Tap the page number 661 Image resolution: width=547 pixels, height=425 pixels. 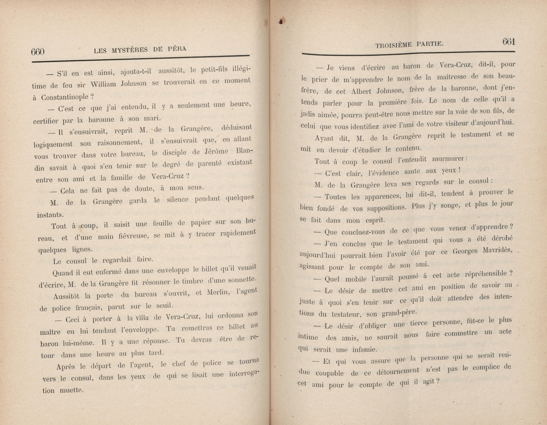[508, 42]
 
